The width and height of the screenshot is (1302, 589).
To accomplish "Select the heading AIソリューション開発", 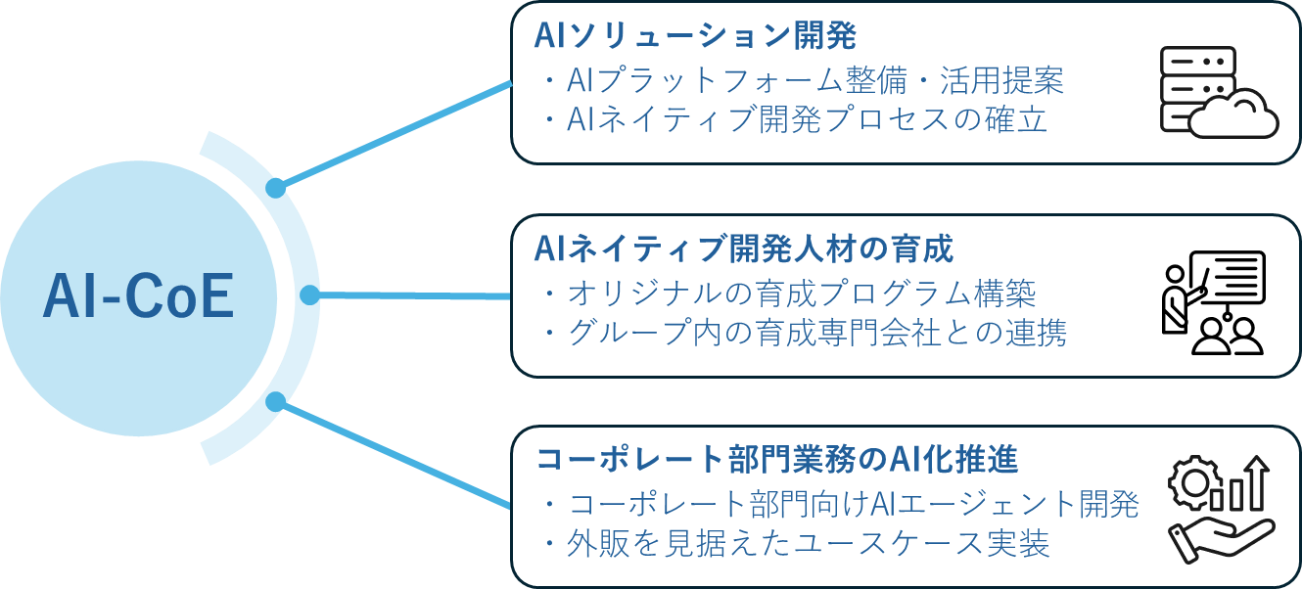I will pos(695,37).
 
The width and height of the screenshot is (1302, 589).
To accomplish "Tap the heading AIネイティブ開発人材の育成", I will pos(744,249).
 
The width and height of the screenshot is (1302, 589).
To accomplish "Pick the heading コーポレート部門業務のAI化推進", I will pos(777,459).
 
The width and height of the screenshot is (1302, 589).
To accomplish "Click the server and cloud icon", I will pos(1217,92).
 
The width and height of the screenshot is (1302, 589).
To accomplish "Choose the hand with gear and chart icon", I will pos(1219,513).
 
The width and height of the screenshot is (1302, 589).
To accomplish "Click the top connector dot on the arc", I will pos(276,186).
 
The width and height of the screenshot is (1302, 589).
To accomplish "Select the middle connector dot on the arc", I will pos(309,294).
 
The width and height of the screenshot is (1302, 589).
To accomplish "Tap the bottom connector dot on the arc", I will pos(276,401).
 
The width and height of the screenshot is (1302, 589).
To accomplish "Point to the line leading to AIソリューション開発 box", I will pos(396,133).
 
